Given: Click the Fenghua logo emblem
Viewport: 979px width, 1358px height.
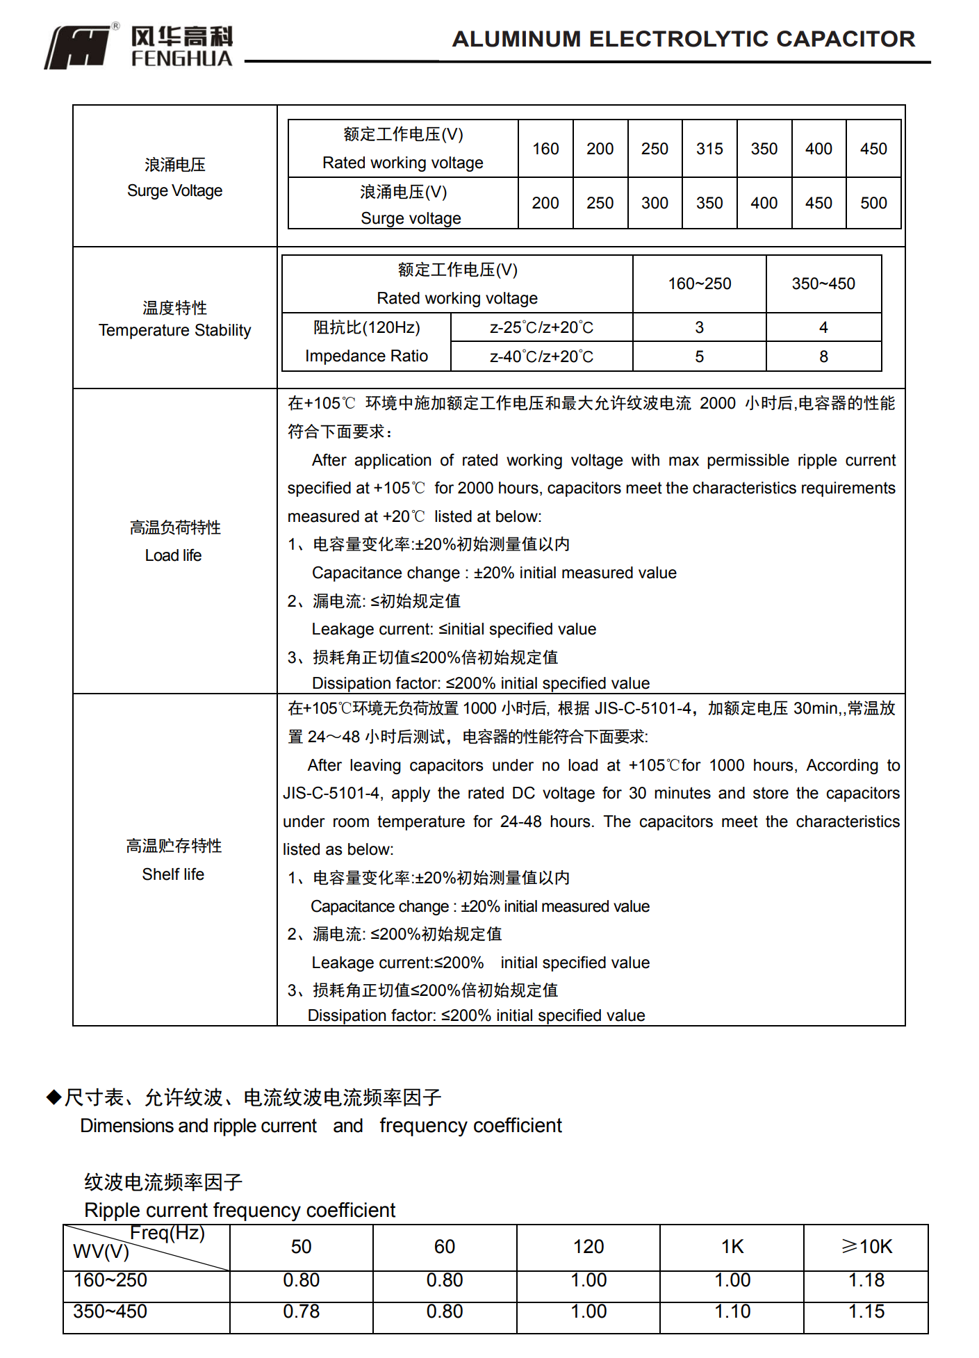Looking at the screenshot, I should click(78, 47).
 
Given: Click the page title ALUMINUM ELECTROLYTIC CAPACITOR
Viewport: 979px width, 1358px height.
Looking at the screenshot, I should click(684, 39).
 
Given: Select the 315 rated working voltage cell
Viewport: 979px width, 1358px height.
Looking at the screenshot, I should click(709, 149).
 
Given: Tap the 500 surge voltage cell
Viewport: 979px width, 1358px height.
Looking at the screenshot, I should click(873, 203).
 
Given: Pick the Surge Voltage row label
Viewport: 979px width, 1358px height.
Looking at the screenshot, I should click(175, 178).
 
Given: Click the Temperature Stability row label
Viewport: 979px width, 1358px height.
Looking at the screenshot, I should click(175, 319).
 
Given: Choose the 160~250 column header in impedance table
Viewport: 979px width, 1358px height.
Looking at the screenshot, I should click(699, 284).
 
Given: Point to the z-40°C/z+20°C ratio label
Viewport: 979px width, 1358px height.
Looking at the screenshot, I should click(541, 357).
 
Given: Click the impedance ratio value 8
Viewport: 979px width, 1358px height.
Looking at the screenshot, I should click(823, 357).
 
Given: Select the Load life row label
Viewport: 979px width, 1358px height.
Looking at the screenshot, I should click(174, 541).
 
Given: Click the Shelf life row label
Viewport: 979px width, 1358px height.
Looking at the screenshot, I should click(174, 860).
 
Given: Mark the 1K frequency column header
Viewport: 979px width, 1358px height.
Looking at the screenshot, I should click(732, 1247).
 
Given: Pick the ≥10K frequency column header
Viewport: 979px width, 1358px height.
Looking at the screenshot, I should click(866, 1247).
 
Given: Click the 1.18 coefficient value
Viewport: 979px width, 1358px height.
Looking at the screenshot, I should click(866, 1280).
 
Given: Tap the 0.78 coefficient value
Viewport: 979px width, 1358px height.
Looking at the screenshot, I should click(301, 1311).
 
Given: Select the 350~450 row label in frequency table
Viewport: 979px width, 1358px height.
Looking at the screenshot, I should click(110, 1311).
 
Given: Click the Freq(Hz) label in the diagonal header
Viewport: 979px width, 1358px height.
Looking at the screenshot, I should click(167, 1233).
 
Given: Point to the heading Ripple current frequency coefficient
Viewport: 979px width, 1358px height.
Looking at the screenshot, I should click(240, 1210).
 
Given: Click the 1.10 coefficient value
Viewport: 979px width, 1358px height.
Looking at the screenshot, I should click(732, 1311).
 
